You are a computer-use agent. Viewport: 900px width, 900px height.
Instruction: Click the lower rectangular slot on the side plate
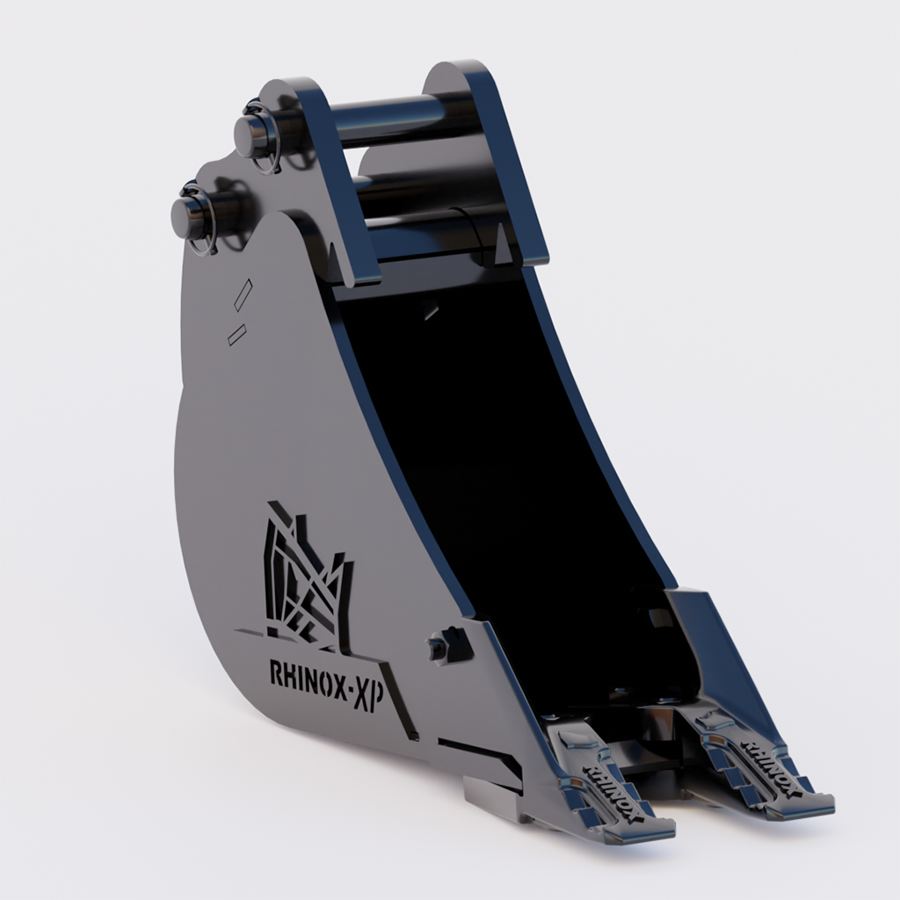[x=236, y=334]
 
